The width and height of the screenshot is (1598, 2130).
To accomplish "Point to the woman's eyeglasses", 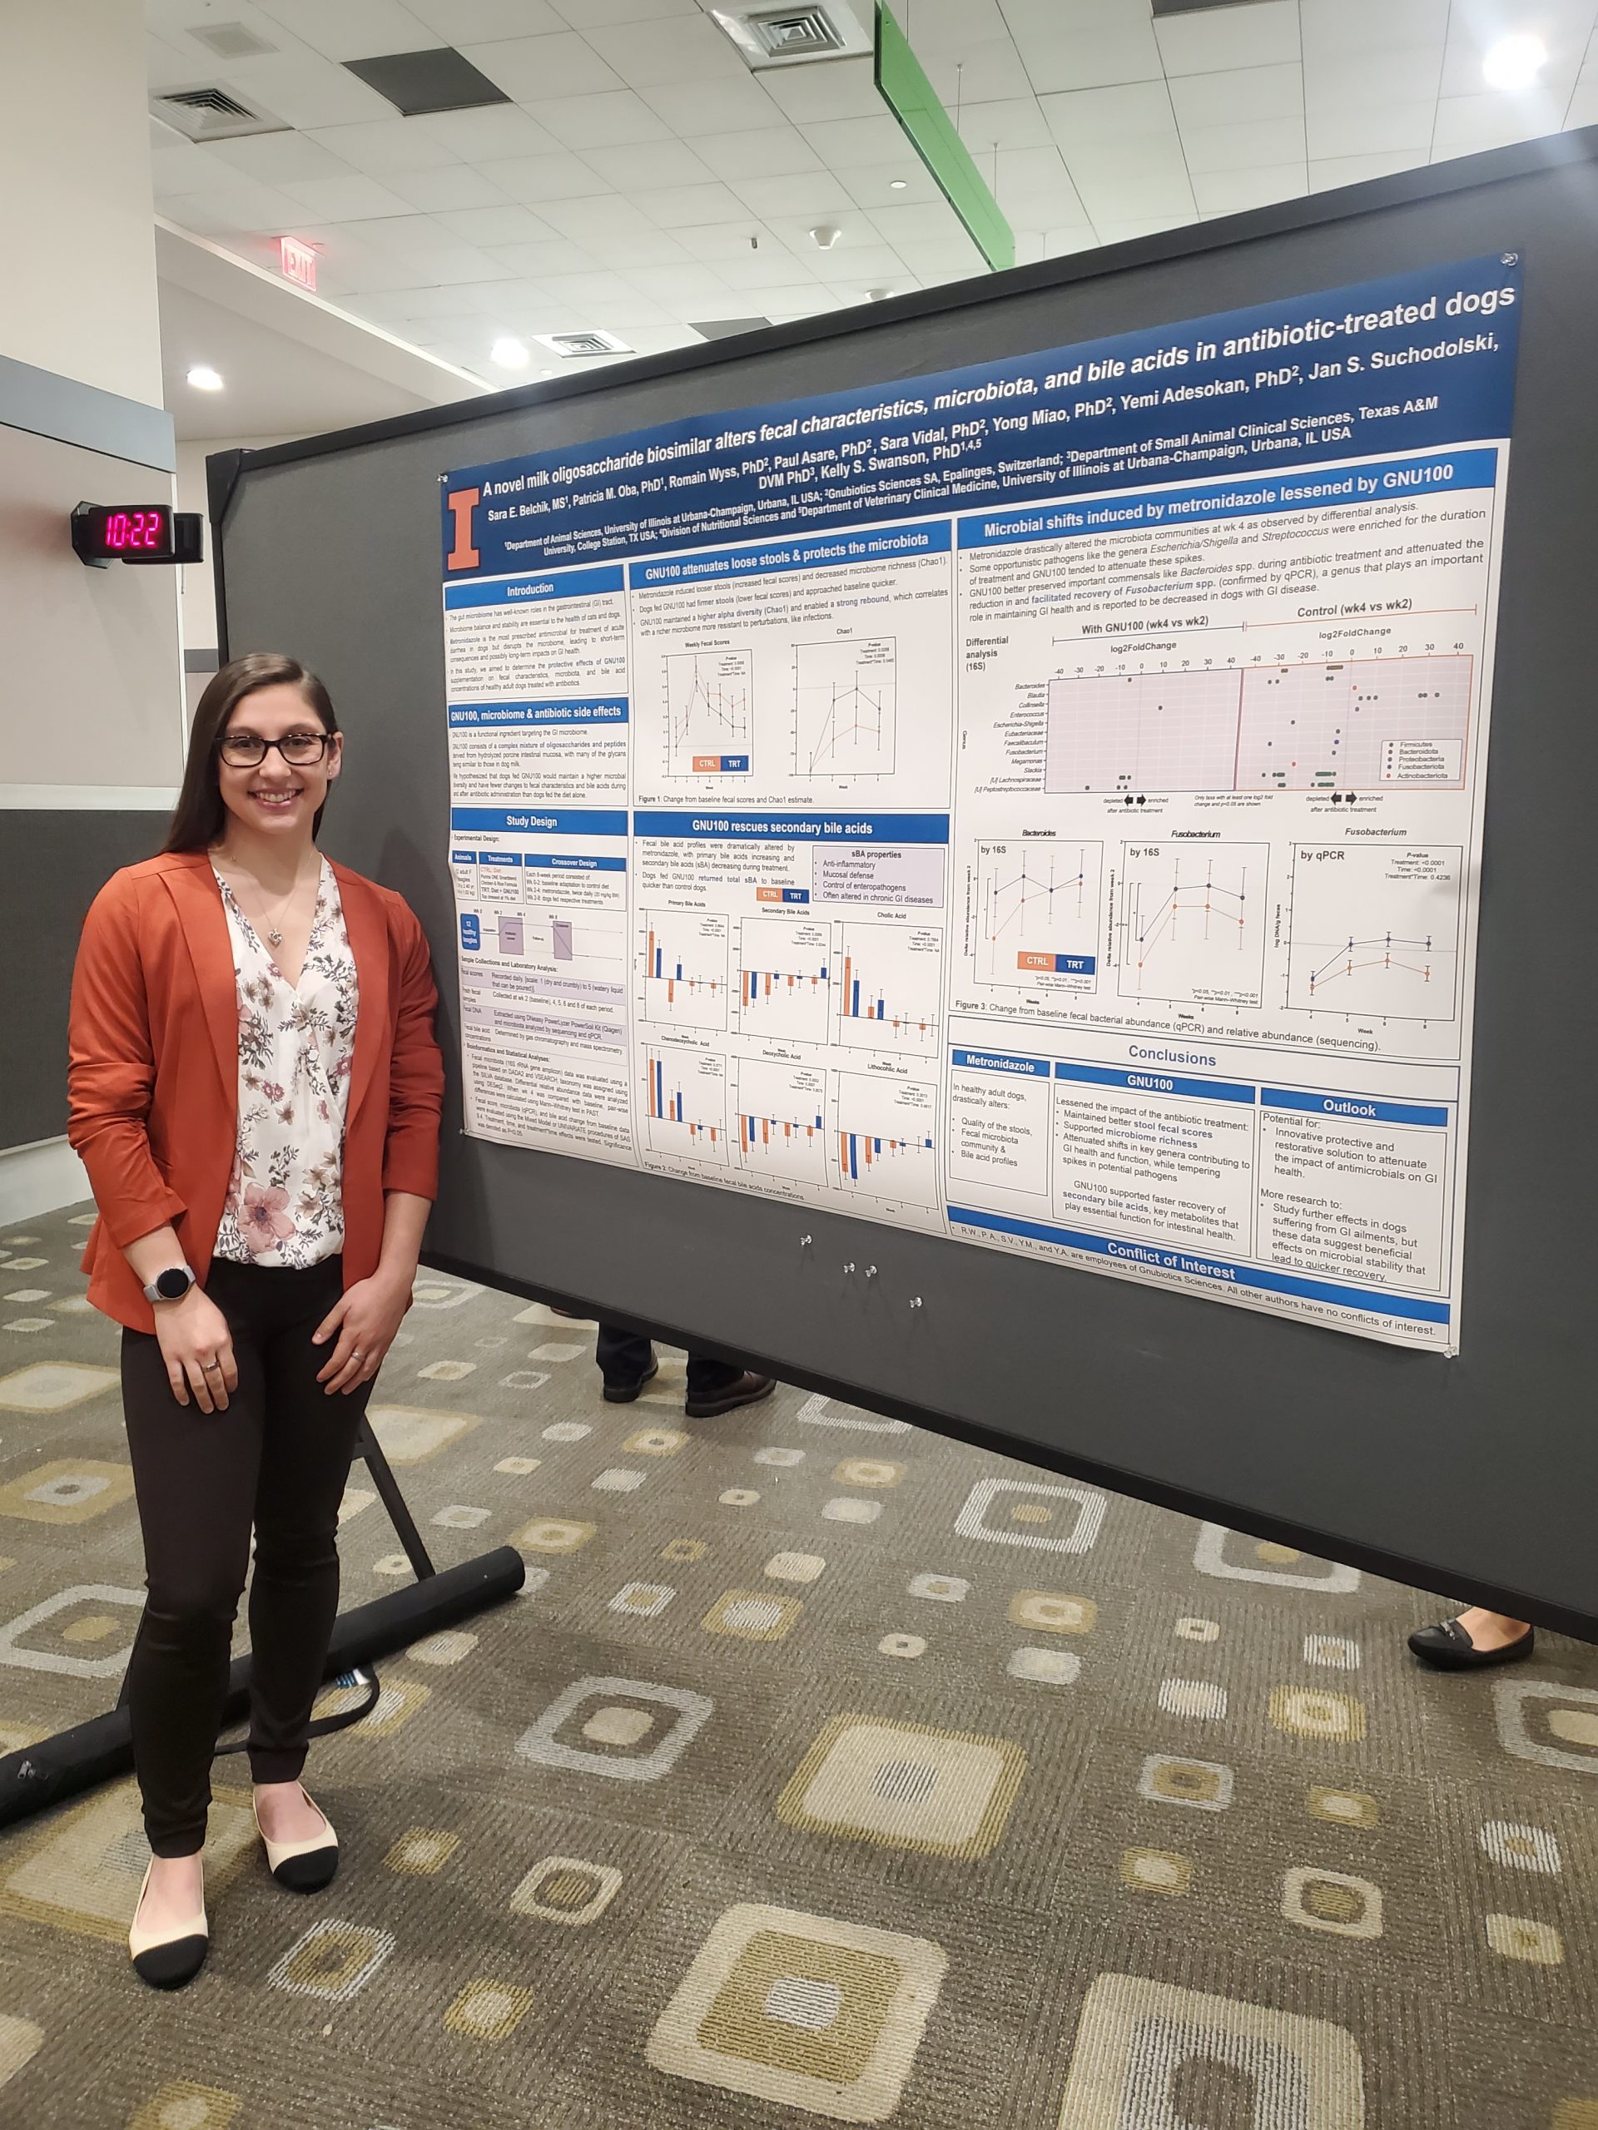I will (275, 748).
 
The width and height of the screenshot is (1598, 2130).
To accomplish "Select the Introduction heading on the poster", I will (531, 588).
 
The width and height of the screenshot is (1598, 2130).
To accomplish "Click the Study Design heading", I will (532, 821).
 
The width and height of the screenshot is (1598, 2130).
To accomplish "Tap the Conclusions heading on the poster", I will (1171, 1057).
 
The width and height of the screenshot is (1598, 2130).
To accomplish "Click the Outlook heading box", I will (1348, 1108).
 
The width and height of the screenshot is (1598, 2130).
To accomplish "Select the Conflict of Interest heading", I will (1170, 1261).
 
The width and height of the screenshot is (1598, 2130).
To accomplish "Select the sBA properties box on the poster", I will (876, 876).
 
